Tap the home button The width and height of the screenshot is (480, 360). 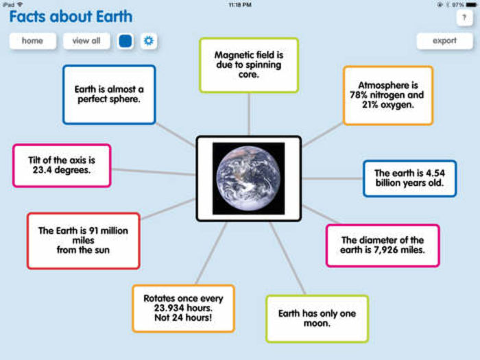pos(32,41)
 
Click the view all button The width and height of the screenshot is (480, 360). pos(86,41)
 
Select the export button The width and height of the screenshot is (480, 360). pos(444,41)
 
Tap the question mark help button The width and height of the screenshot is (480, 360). pos(464,19)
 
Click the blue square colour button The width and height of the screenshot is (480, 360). pos(125,41)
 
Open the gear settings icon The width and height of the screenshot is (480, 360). pos(149,41)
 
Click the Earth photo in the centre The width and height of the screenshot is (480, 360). pos(248,178)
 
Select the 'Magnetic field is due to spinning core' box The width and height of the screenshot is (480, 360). pos(248,65)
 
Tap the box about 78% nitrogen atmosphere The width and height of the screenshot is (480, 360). pos(387,95)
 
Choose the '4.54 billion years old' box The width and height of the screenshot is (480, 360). pos(409,178)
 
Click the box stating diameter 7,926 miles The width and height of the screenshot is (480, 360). pos(382,245)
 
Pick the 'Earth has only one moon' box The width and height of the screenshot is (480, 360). pos(317,318)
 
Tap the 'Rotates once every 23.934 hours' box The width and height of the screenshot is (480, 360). pos(183,309)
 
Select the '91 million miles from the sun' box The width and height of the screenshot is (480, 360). pos(83,241)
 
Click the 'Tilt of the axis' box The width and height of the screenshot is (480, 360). pos(62,165)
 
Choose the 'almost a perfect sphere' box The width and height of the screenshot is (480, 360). pos(108,95)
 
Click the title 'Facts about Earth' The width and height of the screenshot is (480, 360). pos(71,16)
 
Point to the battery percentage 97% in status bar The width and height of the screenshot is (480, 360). pos(459,4)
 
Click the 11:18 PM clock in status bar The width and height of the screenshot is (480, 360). pos(239,4)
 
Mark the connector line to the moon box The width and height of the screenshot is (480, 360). pos(288,259)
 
